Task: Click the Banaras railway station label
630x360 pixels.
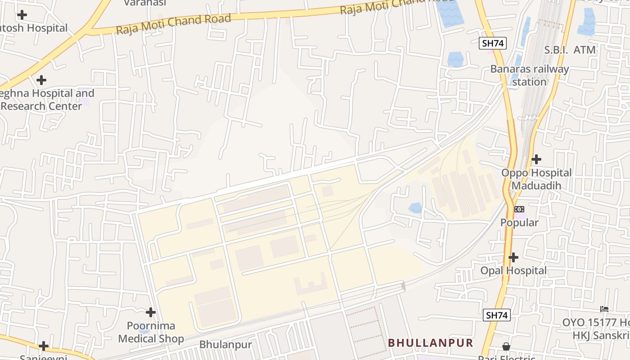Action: [529, 76]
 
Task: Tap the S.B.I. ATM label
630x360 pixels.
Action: [570, 50]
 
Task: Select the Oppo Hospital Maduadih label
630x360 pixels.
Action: [536, 179]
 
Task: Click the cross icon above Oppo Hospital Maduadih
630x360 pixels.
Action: [536, 159]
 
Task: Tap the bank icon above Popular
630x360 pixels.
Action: [519, 209]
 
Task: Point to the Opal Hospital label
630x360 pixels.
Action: [513, 270]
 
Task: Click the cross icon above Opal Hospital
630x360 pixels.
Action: [513, 257]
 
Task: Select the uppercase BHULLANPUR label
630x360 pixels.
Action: [430, 343]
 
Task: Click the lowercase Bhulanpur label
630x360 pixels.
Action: [225, 345]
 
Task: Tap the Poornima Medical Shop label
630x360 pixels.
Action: [151, 332]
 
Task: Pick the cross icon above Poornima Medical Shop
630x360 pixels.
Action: [151, 312]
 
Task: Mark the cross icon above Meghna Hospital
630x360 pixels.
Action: [41, 80]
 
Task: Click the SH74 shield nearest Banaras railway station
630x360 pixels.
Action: [493, 43]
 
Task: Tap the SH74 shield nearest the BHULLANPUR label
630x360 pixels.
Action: [497, 315]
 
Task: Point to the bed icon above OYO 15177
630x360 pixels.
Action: [604, 309]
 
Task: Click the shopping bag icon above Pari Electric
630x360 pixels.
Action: [506, 346]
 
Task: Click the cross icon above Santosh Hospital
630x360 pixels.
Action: [22, 15]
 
